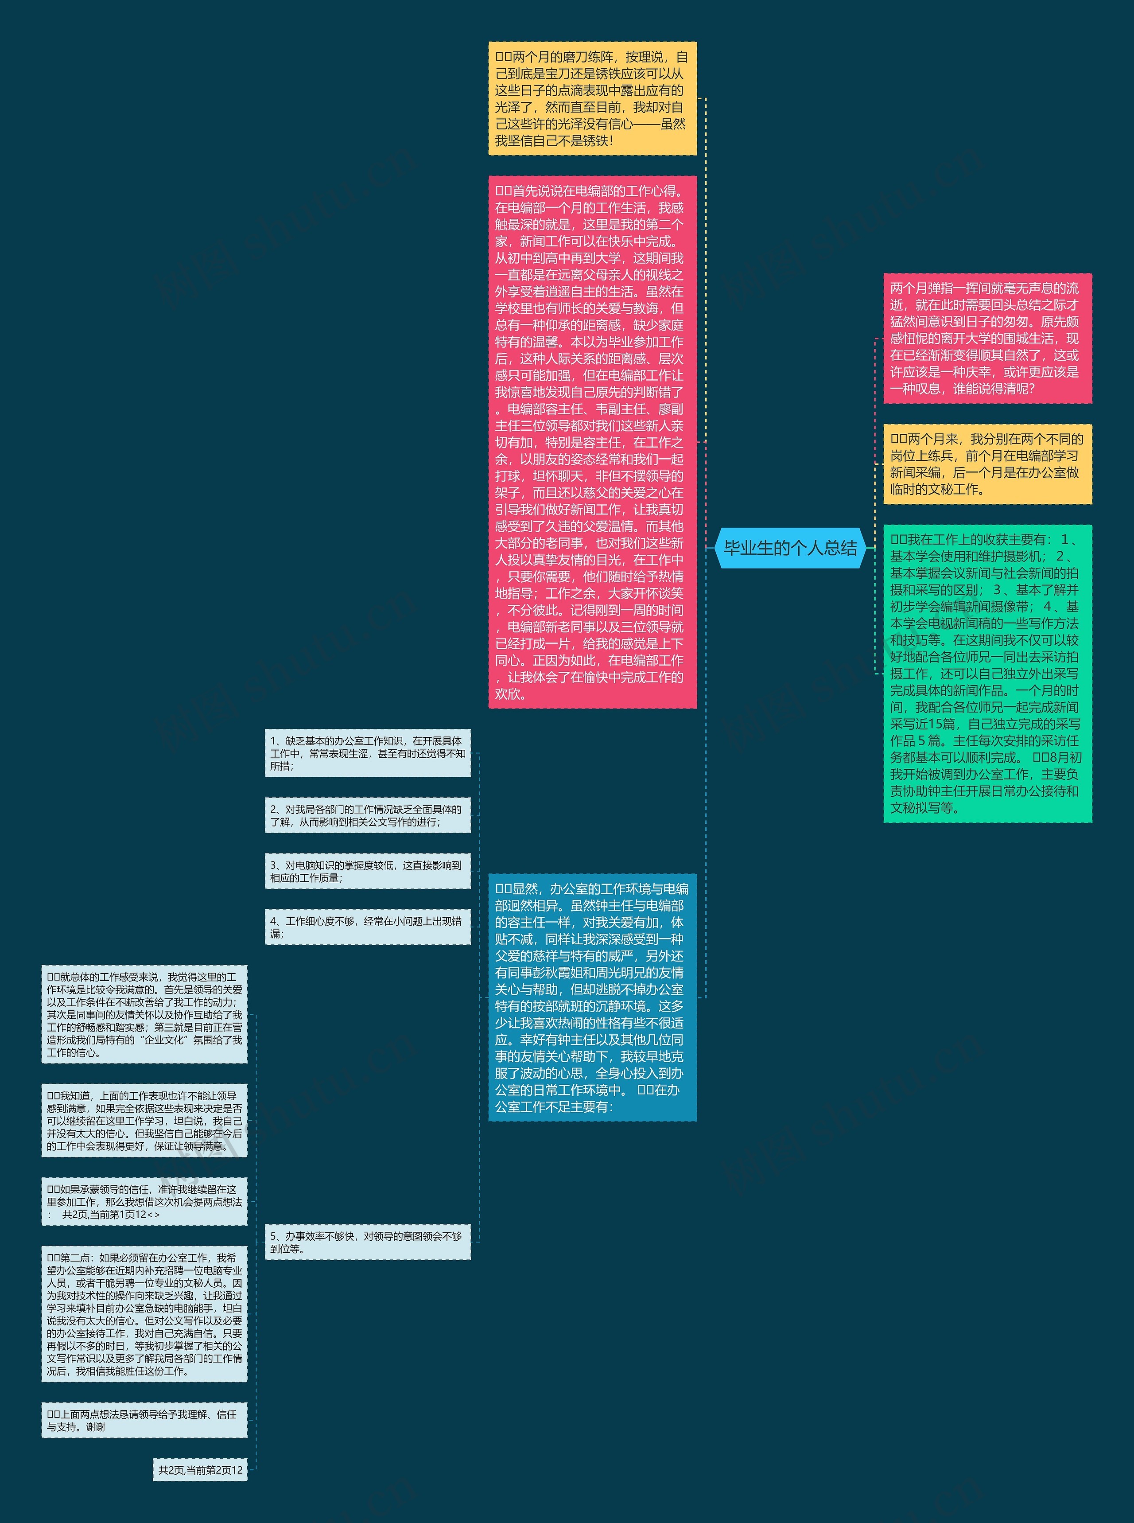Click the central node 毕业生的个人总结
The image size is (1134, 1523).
[x=790, y=548]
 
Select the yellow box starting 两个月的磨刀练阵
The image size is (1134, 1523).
[x=592, y=98]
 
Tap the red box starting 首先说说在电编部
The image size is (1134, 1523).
[x=592, y=441]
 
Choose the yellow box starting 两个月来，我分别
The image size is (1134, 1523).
[x=986, y=464]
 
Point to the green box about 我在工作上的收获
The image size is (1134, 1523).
[x=986, y=673]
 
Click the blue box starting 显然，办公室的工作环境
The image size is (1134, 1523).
[x=592, y=997]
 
